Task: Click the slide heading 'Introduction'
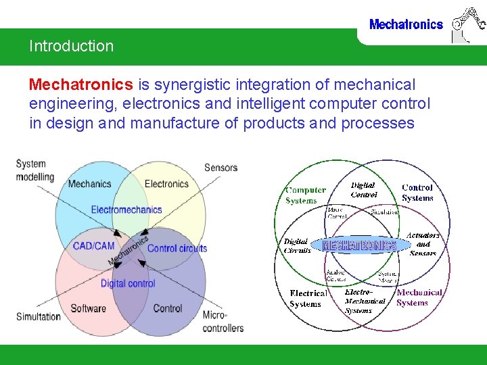[x=71, y=47]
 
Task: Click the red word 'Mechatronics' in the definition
[x=80, y=84]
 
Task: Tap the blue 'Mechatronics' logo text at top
[x=406, y=25]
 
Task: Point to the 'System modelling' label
[x=34, y=170]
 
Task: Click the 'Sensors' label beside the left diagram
[x=221, y=168]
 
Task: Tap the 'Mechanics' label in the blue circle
[x=89, y=183]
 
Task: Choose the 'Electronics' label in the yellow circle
[x=166, y=183]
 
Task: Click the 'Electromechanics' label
[x=126, y=210]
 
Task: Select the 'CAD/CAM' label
[x=93, y=246]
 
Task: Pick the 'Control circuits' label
[x=177, y=248]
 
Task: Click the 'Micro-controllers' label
[x=223, y=322]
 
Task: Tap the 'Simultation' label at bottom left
[x=38, y=316]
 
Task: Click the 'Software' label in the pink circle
[x=88, y=308]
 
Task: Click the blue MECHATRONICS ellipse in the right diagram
[x=359, y=245]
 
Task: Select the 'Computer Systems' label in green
[x=305, y=195]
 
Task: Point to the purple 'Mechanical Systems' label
[x=419, y=298]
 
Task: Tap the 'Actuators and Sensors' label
[x=423, y=244]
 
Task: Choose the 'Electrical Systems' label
[x=308, y=299]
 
